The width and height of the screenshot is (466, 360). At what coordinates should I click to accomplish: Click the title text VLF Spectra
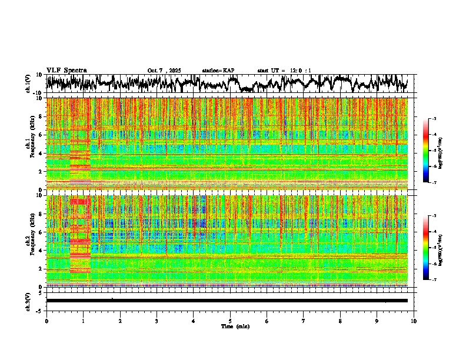66,70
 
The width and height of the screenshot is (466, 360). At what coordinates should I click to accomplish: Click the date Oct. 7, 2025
165,71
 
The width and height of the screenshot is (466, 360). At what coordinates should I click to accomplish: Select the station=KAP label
218,71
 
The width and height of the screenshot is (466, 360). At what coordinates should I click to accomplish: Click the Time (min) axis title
235,326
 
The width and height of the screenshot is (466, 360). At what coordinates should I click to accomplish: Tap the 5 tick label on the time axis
230,321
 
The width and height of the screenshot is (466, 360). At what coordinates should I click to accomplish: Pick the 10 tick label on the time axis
414,321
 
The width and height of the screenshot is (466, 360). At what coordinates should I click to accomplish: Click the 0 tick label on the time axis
46,321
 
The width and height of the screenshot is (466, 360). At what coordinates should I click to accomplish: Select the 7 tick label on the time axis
304,321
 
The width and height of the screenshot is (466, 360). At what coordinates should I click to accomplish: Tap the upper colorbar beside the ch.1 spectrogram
431,151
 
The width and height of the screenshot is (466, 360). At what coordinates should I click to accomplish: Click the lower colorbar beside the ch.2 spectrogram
431,248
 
